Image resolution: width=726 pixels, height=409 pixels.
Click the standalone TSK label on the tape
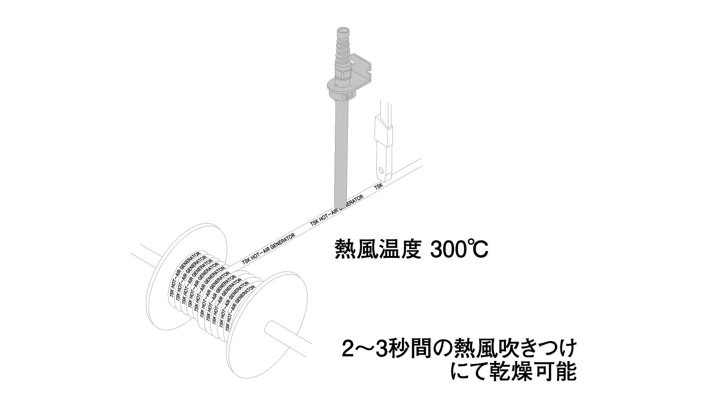[x=379, y=186]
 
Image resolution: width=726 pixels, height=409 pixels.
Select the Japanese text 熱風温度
[x=378, y=249]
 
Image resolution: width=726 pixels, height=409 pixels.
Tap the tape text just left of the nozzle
[x=321, y=218]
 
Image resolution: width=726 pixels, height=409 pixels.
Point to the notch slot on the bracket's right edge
[x=369, y=70]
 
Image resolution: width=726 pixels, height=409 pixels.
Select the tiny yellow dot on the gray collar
[x=351, y=87]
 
